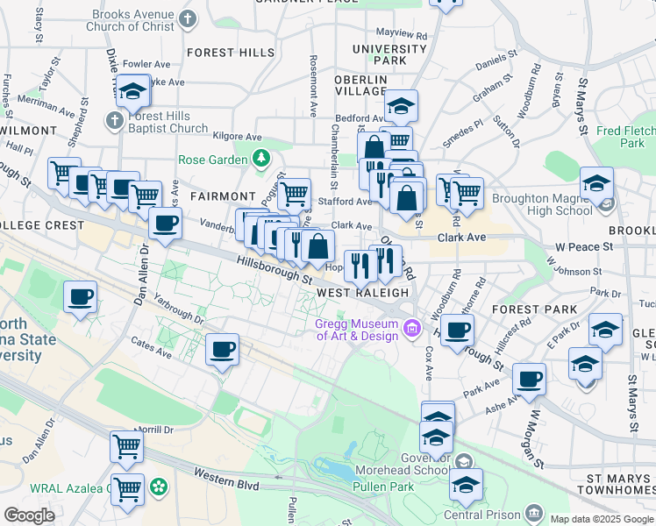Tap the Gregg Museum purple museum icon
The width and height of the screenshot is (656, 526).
tap(412, 330)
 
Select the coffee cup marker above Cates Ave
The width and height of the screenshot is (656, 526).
tap(222, 352)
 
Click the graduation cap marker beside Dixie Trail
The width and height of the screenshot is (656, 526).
tap(132, 92)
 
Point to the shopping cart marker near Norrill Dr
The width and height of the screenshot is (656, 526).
tap(126, 446)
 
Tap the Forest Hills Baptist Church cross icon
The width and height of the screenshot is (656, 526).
tap(114, 119)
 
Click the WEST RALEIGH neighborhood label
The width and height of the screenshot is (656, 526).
tap(362, 292)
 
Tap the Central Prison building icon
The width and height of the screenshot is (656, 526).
tap(533, 512)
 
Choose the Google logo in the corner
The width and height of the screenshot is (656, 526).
tap(29, 515)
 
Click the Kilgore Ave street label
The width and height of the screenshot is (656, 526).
tap(239, 137)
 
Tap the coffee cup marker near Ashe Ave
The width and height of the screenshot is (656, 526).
tap(529, 380)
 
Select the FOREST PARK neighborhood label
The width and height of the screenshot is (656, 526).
tap(534, 309)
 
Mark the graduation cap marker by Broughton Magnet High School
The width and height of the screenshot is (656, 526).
tap(596, 183)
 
